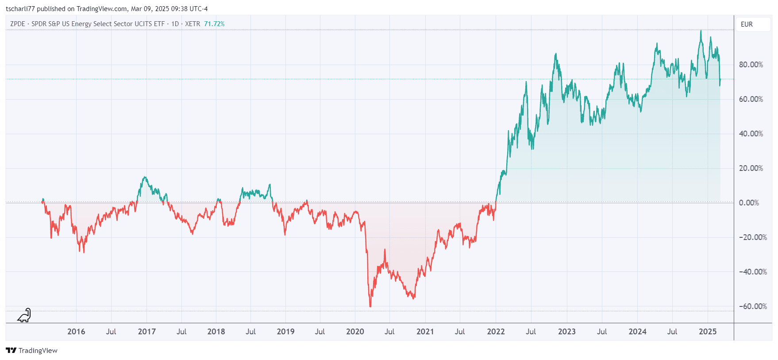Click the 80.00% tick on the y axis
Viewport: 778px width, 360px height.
pyautogui.click(x=751, y=65)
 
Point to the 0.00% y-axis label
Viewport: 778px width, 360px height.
pyautogui.click(x=749, y=203)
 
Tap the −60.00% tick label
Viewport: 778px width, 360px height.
pyautogui.click(x=752, y=306)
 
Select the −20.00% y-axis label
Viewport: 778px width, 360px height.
pyautogui.click(x=752, y=237)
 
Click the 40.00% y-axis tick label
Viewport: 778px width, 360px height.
pyautogui.click(x=751, y=134)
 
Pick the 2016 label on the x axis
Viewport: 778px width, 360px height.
pyautogui.click(x=76, y=332)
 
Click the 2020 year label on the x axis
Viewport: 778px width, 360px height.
pyautogui.click(x=355, y=332)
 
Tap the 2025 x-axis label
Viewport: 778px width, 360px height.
pyautogui.click(x=708, y=332)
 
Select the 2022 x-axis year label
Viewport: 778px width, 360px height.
pyautogui.click(x=496, y=332)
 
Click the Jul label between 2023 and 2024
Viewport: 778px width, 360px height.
pyautogui.click(x=602, y=332)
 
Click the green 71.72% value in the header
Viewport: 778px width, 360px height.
pyautogui.click(x=214, y=24)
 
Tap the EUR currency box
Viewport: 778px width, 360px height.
pyautogui.click(x=747, y=24)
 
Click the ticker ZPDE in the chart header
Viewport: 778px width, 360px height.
pyautogui.click(x=18, y=24)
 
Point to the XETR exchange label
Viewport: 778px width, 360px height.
pyautogui.click(x=193, y=24)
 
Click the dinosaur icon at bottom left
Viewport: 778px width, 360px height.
pyautogui.click(x=24, y=315)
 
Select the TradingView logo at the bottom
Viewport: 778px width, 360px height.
pyautogui.click(x=32, y=350)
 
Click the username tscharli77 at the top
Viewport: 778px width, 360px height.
pyautogui.click(x=20, y=9)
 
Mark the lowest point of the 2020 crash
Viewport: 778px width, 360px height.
pyautogui.click(x=370, y=306)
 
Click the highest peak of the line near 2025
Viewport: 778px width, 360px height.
pyautogui.click(x=701, y=31)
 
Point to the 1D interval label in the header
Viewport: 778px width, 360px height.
pyautogui.click(x=175, y=24)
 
